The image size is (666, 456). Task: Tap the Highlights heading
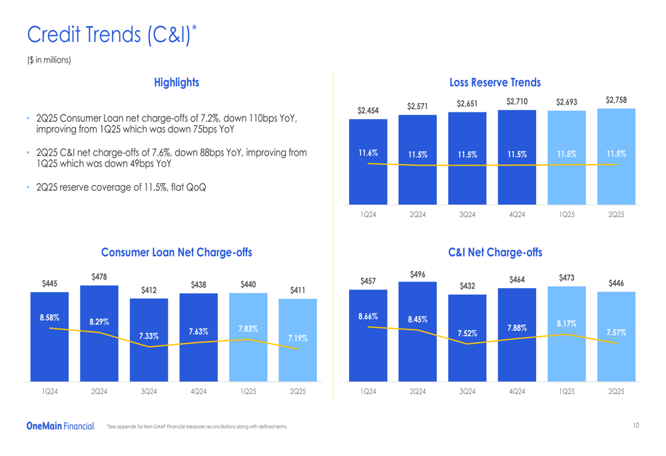tap(176, 83)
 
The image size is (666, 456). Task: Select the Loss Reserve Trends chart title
tap(495, 83)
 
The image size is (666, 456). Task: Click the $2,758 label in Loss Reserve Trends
tap(617, 100)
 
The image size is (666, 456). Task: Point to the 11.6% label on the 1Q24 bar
tap(368, 153)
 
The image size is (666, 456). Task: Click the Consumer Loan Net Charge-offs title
tap(176, 252)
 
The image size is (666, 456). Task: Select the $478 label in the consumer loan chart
tap(99, 276)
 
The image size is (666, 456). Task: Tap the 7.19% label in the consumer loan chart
tap(298, 338)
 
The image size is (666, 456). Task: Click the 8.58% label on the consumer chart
tap(49, 318)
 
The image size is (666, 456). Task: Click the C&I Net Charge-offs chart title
tap(495, 252)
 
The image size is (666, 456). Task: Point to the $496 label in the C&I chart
tap(418, 274)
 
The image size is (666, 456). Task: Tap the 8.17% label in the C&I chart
tap(567, 324)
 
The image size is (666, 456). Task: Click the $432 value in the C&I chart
tap(468, 286)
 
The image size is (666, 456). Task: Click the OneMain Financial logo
tap(61, 425)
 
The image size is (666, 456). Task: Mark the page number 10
tap(636, 425)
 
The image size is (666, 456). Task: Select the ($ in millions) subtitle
tap(49, 61)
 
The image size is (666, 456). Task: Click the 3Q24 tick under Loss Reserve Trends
tap(468, 214)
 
